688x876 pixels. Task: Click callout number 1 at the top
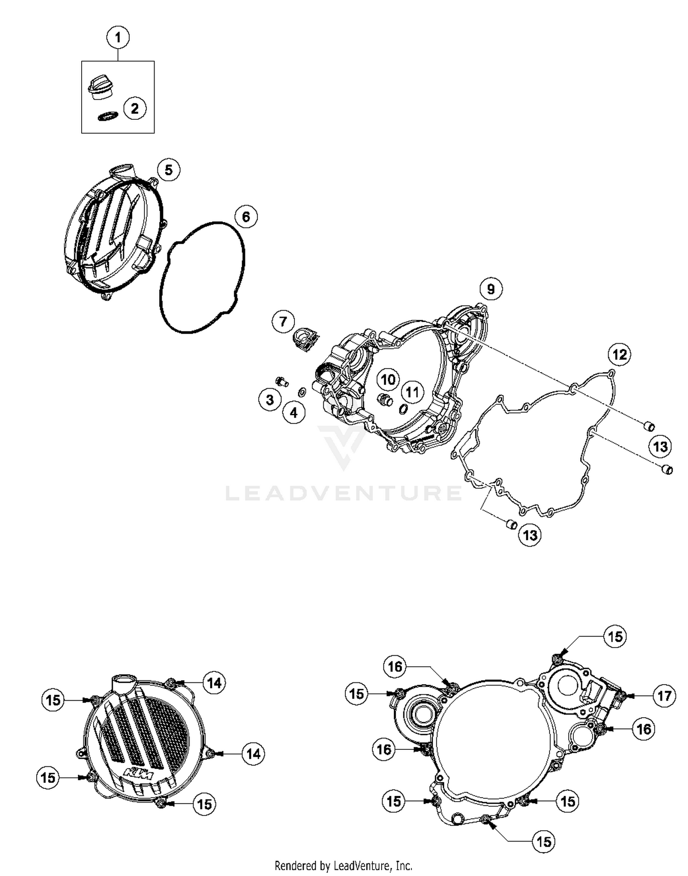(x=118, y=37)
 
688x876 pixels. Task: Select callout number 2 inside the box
(x=134, y=109)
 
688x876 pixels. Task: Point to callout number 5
(x=168, y=170)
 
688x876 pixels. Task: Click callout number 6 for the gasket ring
(x=246, y=217)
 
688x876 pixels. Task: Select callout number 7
(x=283, y=321)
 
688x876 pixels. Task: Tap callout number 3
(x=270, y=400)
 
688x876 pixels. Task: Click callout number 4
(x=294, y=413)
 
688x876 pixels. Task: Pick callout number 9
(x=491, y=289)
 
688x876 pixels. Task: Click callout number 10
(x=388, y=379)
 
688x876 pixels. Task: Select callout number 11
(x=412, y=392)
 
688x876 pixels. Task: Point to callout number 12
(x=619, y=354)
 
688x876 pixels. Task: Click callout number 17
(x=664, y=696)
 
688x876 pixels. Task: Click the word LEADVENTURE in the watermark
(x=344, y=493)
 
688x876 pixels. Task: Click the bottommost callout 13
(x=530, y=535)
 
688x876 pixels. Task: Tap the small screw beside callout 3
(x=281, y=381)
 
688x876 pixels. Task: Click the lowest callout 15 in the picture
(x=544, y=842)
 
